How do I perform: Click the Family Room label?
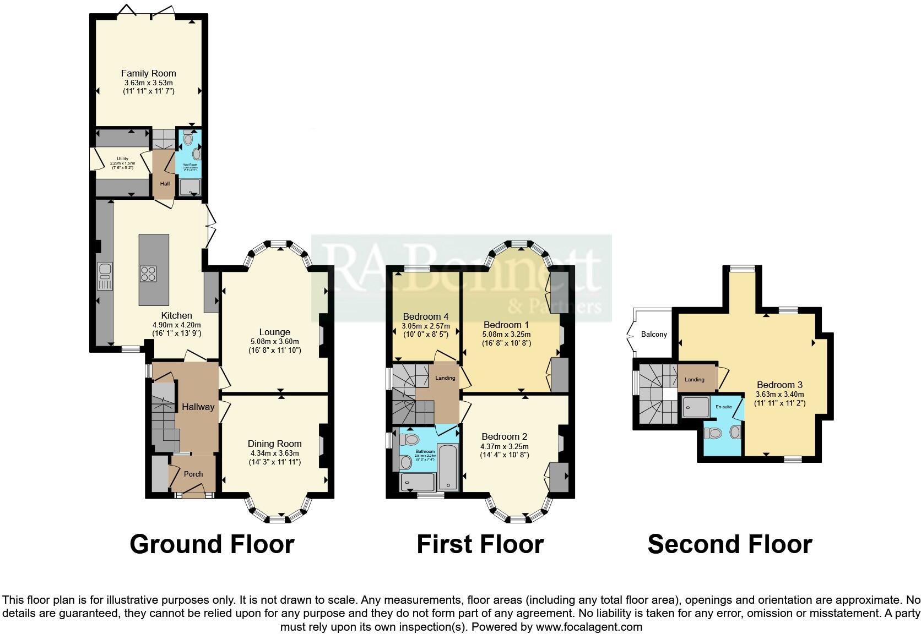148,73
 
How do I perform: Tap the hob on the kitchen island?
148,274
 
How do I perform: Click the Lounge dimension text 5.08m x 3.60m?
274,341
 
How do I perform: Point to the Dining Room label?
274,444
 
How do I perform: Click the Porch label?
193,474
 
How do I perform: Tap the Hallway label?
198,407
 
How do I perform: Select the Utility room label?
122,159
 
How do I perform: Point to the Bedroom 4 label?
425,316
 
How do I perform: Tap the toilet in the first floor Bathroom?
410,439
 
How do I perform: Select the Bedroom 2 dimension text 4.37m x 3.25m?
504,446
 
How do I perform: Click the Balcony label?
654,334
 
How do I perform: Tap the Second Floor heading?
729,544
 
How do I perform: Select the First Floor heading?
480,544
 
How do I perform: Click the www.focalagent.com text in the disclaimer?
589,626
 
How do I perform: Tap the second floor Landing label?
694,379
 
